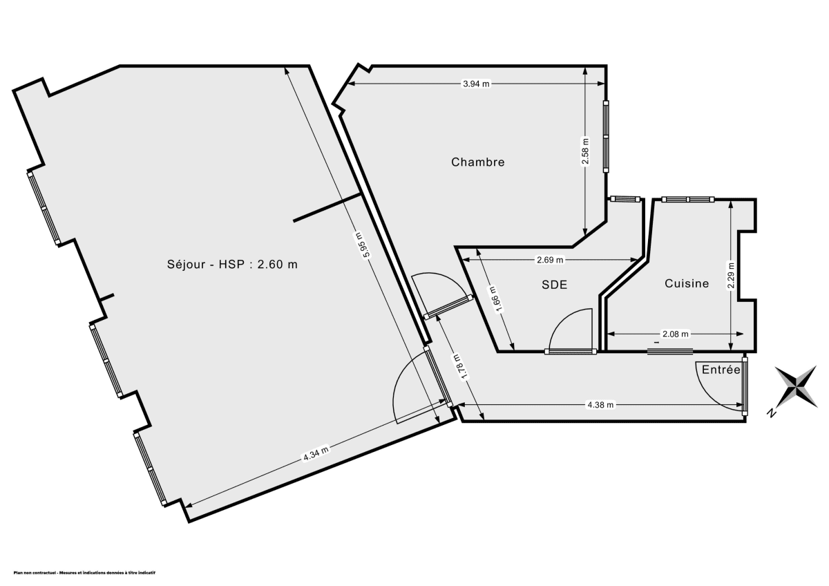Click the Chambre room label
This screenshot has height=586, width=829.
pyautogui.click(x=477, y=162)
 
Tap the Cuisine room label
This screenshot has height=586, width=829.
pyautogui.click(x=687, y=283)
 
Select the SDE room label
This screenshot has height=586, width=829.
pyautogui.click(x=554, y=283)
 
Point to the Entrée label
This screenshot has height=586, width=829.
pyautogui.click(x=721, y=370)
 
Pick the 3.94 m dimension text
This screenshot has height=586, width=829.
pyautogui.click(x=475, y=84)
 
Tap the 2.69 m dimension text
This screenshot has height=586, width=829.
pyautogui.click(x=550, y=261)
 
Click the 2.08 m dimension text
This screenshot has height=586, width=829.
pyautogui.click(x=675, y=334)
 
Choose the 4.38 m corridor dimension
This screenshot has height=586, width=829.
pyautogui.click(x=600, y=405)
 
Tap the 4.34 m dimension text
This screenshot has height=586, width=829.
pyautogui.click(x=315, y=454)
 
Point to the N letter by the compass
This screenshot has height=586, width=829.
pyautogui.click(x=770, y=413)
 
